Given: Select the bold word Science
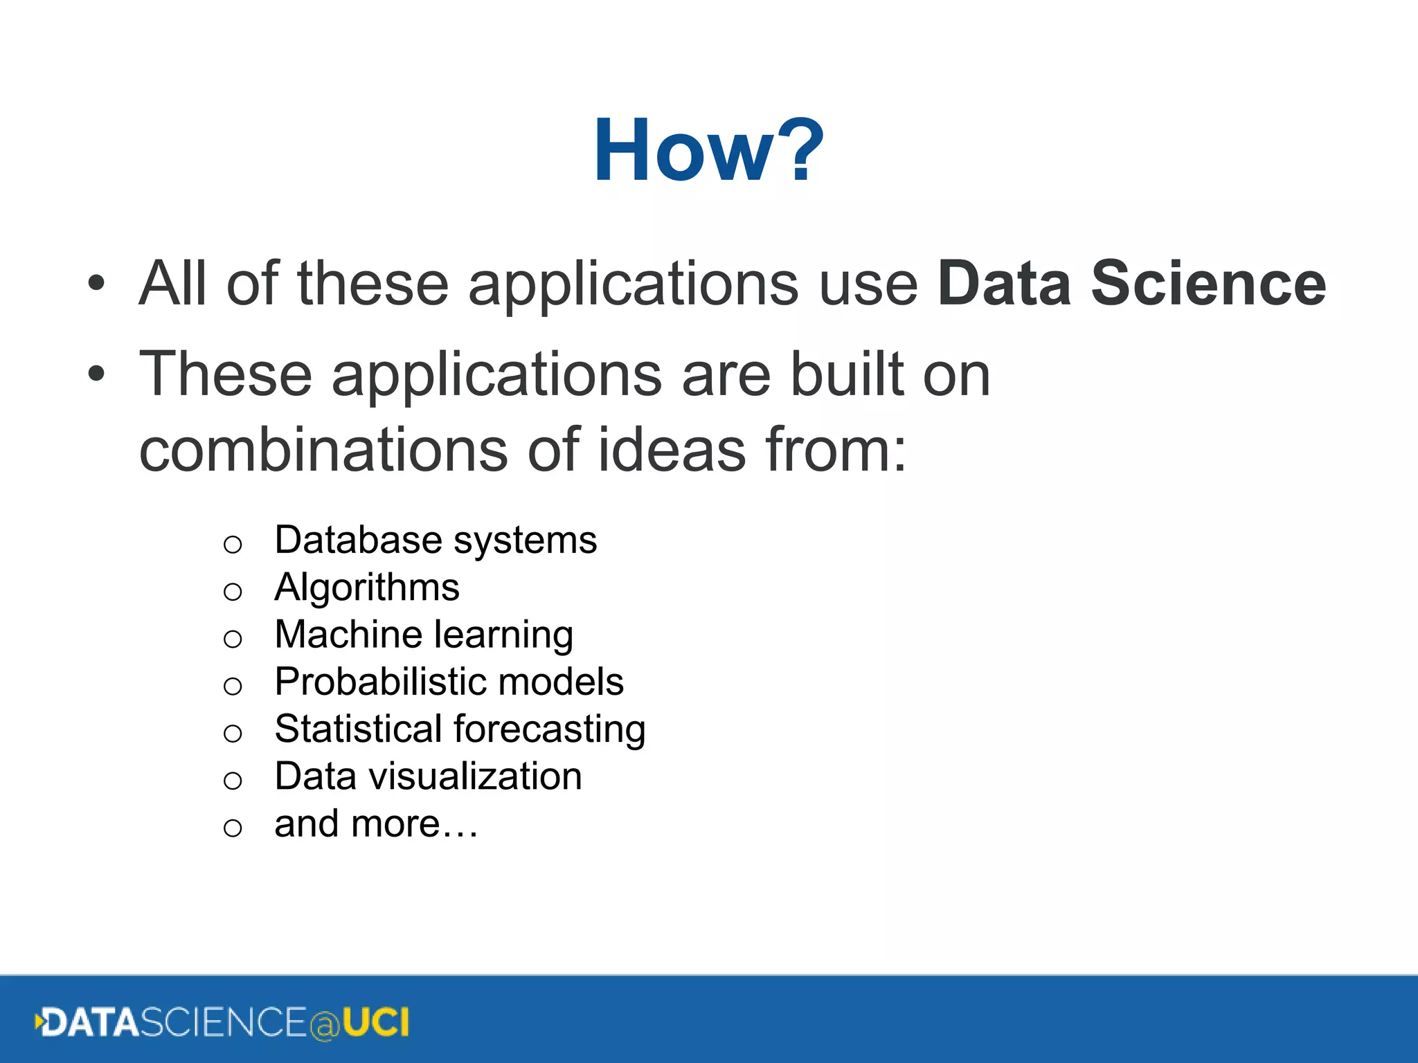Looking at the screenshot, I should coord(1208,283).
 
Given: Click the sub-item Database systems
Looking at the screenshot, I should coord(435,540).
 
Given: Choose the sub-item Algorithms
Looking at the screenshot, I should coord(366,588).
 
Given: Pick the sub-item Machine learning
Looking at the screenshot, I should coord(423,635).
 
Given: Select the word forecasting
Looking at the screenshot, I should coord(549,729).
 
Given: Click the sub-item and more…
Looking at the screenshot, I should coord(375,824).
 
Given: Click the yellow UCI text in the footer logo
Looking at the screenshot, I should coord(376,1023).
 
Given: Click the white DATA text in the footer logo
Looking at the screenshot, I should coord(91,1023).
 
